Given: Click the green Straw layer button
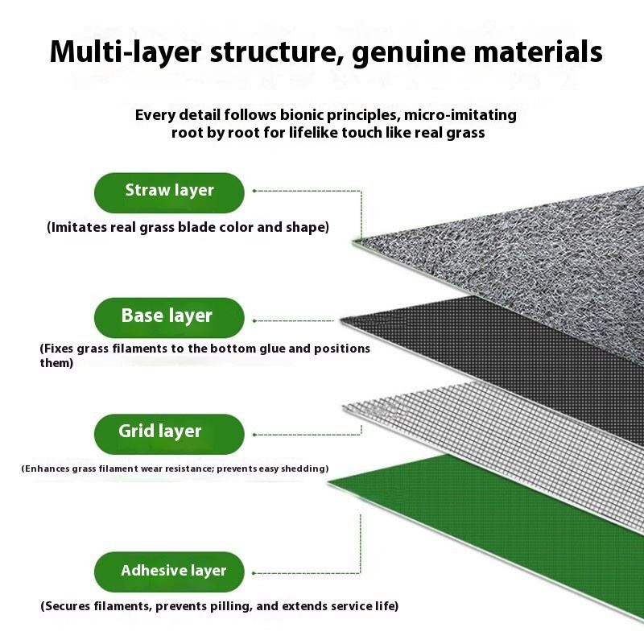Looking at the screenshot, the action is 169,192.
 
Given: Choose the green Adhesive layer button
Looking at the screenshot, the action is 173,572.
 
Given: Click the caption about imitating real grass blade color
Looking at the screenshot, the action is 188,228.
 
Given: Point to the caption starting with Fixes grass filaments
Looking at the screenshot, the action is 204,349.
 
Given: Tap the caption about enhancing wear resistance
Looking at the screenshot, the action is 175,469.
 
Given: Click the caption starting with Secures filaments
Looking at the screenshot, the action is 219,606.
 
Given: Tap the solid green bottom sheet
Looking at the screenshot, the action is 499,523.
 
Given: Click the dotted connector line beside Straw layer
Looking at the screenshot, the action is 306,192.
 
